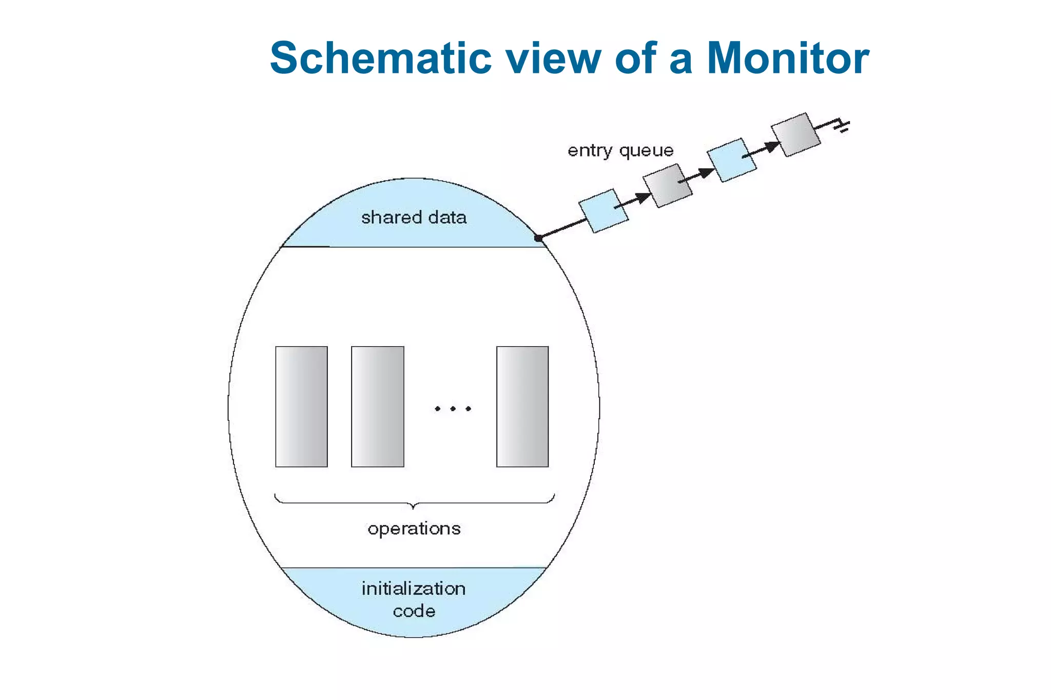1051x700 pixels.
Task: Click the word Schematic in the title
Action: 380,58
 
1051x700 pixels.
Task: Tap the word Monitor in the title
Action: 788,58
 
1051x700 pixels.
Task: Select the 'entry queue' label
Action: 620,151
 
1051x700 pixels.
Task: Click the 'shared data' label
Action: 414,217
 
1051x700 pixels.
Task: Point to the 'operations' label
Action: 414,529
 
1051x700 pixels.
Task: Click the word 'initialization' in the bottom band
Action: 414,588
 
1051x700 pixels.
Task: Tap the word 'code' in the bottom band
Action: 414,611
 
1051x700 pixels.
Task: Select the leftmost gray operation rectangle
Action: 301,407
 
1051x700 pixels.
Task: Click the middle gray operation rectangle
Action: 377,407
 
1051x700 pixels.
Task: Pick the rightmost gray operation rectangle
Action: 522,407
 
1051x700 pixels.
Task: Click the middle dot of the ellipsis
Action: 453,409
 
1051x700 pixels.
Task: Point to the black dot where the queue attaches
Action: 538,238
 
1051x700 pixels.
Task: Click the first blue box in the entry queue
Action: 603,211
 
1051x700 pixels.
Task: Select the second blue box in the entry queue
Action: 731,160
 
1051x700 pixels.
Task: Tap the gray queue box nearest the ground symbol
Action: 795,134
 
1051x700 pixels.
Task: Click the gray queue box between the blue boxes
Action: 667,186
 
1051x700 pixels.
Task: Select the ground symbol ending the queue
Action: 842,126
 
